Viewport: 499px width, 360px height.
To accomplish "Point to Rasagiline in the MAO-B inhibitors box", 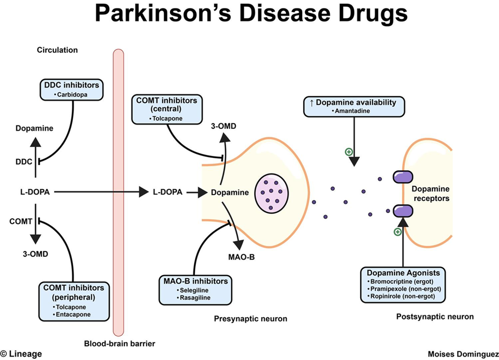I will click(194, 298).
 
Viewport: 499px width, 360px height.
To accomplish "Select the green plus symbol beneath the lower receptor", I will click(397, 231).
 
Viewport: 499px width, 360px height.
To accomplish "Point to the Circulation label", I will click(57, 50).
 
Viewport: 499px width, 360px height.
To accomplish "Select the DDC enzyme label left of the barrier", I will click(24, 162).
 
